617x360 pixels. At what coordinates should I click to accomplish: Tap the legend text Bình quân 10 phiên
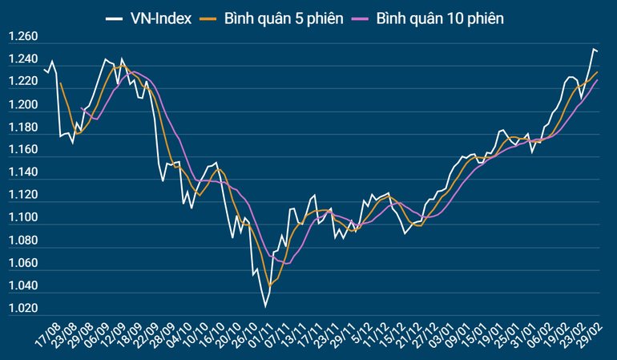440,17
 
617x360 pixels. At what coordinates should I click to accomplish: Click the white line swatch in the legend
114,17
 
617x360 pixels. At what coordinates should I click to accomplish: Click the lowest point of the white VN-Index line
265,306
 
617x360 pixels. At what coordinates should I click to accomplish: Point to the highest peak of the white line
594,50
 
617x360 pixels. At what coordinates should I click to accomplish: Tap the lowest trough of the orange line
270,285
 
